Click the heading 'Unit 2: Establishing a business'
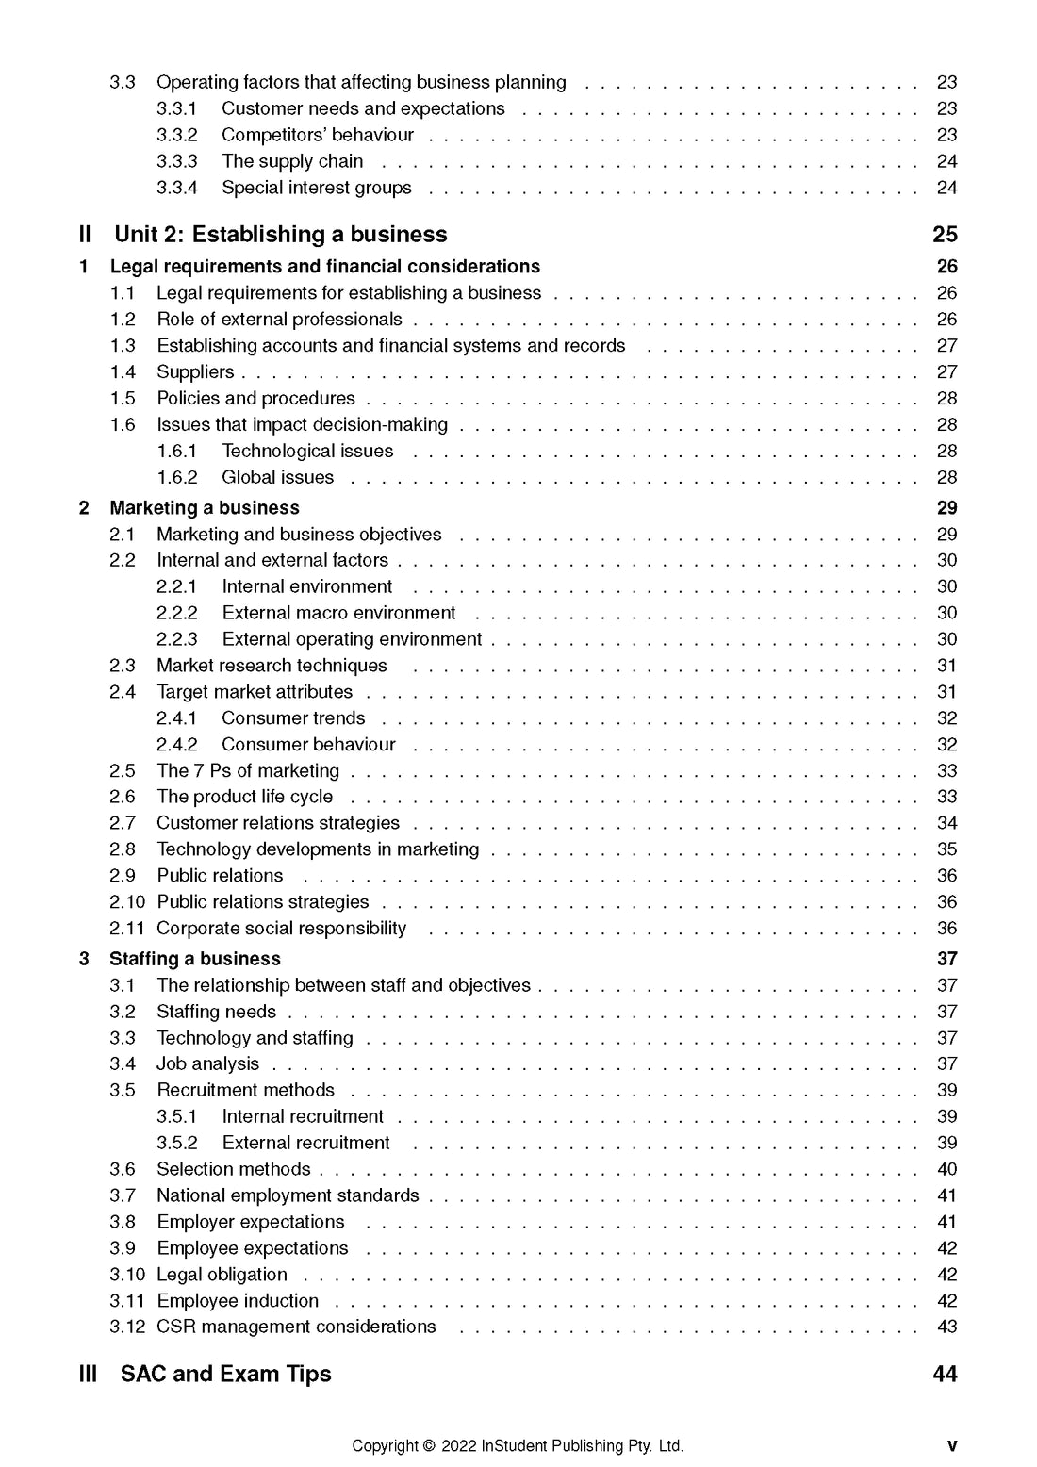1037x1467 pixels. pyautogui.click(x=280, y=235)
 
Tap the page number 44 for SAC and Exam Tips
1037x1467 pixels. pyautogui.click(x=945, y=1374)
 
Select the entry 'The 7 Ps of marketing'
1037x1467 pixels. pyautogui.click(x=248, y=770)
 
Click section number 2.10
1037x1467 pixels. pyautogui.click(x=127, y=902)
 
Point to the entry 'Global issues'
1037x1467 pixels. pyautogui.click(x=277, y=477)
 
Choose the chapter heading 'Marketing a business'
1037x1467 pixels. pyautogui.click(x=205, y=508)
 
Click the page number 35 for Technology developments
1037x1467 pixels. pyautogui.click(x=946, y=849)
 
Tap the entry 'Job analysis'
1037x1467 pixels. pyautogui.click(x=207, y=1063)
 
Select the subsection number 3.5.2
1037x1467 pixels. pyautogui.click(x=177, y=1143)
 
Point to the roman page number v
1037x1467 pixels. pyautogui.click(x=951, y=1446)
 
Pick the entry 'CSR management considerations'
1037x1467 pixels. pyautogui.click(x=296, y=1327)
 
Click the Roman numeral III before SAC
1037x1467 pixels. pyautogui.click(x=88, y=1374)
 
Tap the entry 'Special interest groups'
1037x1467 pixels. pyautogui.click(x=316, y=188)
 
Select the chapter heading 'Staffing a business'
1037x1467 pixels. pyautogui.click(x=195, y=959)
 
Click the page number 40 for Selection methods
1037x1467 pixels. pyautogui.click(x=946, y=1169)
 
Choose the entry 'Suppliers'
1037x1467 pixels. pyautogui.click(x=195, y=371)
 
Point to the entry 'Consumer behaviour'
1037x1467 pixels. pyautogui.click(x=308, y=744)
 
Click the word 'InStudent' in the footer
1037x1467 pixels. pyautogui.click(x=515, y=1446)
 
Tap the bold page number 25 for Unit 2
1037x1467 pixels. pyautogui.click(x=945, y=235)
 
